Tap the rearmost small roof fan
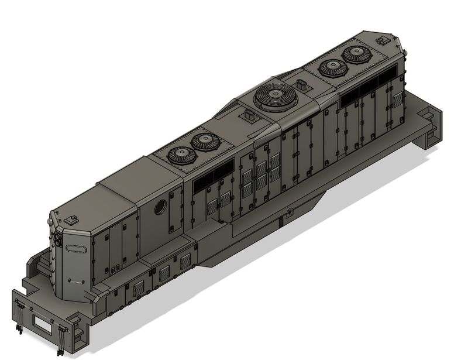tap(355, 54)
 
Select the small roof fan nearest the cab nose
tap(181, 155)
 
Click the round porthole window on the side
tap(160, 207)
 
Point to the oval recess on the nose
tap(75, 248)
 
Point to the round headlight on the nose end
tap(58, 240)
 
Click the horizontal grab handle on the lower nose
tap(74, 281)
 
